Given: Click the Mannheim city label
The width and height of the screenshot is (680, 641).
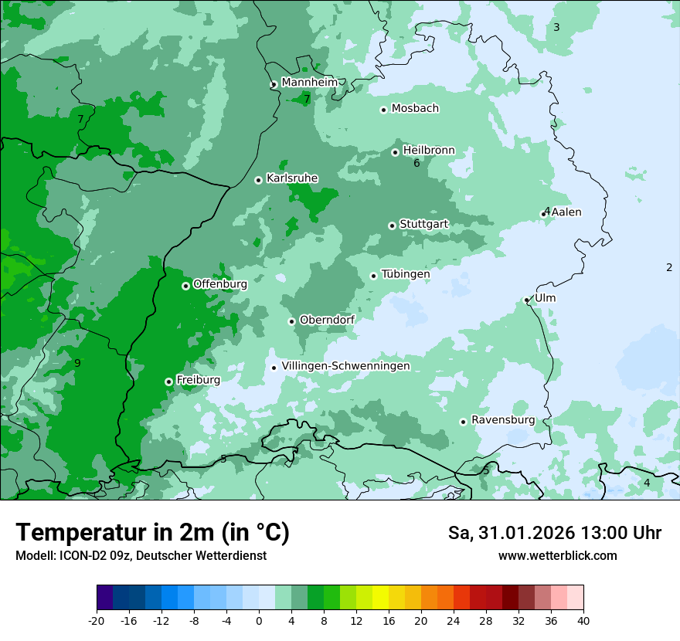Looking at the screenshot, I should (x=309, y=82).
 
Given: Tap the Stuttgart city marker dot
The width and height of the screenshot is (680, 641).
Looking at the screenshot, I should (x=392, y=226).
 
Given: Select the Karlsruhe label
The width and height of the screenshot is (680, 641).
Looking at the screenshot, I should (x=291, y=178).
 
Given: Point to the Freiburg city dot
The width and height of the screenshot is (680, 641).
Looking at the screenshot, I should (x=168, y=382).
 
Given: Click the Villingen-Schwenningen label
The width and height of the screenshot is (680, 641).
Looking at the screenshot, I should (x=345, y=366).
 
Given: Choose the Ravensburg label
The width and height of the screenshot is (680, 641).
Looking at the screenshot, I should (x=502, y=420).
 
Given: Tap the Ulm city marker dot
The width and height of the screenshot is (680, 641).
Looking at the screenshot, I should (x=526, y=300).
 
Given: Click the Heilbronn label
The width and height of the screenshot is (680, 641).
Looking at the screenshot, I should (x=429, y=150).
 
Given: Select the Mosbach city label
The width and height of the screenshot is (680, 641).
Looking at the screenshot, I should (x=415, y=108).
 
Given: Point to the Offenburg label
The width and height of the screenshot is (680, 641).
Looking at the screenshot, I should (x=219, y=284).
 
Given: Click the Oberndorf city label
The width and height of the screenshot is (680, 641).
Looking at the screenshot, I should (x=327, y=320).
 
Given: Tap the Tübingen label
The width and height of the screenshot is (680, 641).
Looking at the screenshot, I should (x=405, y=274).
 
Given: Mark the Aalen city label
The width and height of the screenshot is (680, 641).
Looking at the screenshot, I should (x=566, y=212).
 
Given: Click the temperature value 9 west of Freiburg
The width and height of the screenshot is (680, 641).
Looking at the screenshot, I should (x=77, y=363).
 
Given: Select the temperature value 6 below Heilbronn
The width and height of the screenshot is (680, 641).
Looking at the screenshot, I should (x=416, y=163).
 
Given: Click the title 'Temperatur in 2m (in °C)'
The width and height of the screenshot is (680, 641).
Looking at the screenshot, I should (x=152, y=533).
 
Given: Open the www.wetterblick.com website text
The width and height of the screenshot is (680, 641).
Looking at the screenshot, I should (x=557, y=556).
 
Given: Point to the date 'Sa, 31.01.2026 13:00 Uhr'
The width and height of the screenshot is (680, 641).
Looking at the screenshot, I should (x=554, y=533).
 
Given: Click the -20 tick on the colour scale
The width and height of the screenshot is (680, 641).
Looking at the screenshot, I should (x=97, y=620).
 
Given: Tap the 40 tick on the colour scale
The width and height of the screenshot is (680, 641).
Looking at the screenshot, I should (x=583, y=620).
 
